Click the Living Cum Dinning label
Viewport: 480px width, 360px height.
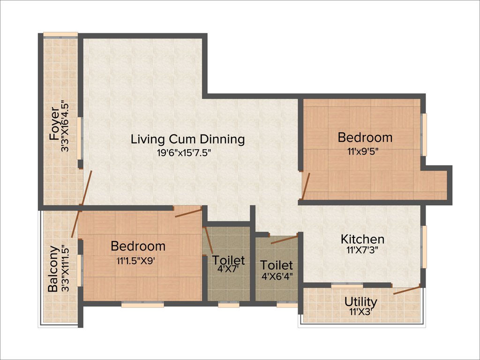[187, 139]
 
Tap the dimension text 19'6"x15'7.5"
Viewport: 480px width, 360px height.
[187, 152]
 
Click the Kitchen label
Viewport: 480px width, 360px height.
[362, 239]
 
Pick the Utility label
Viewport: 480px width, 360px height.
[361, 301]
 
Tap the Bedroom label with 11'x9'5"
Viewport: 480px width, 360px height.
[365, 137]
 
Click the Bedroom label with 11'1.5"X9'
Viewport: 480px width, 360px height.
[138, 246]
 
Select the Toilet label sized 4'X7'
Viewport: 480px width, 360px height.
[228, 260]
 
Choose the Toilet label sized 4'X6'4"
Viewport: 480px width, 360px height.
[277, 265]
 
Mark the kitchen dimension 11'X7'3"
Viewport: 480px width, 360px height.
[362, 250]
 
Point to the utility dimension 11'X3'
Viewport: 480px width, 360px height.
[361, 311]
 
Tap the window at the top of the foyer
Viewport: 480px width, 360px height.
[60, 34]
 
